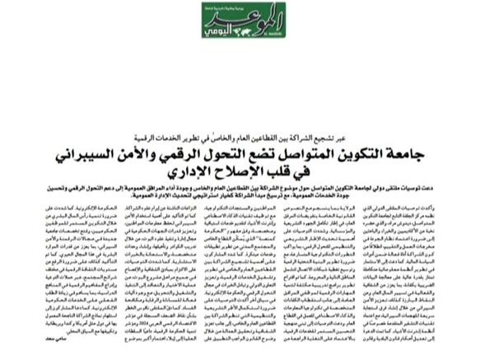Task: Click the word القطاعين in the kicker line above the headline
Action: (x=276, y=117)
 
